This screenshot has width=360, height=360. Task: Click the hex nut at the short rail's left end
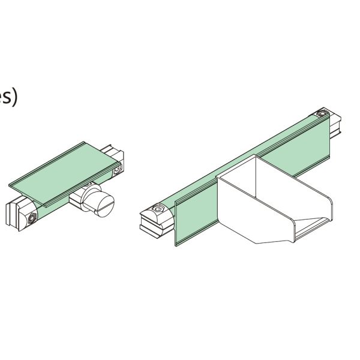coord(29,220)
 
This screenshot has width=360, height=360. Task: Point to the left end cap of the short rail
coord(12,212)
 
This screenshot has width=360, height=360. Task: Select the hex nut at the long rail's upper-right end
coord(323,114)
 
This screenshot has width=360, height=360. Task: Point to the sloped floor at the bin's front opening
coord(312,226)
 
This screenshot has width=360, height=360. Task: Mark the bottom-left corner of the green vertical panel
coord(175,244)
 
